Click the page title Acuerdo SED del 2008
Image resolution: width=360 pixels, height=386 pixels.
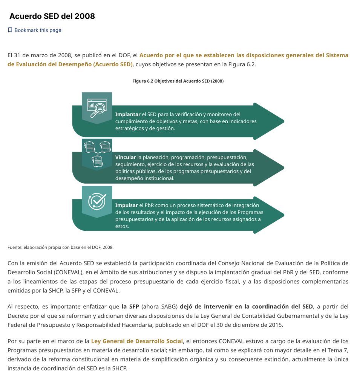[x=52, y=16]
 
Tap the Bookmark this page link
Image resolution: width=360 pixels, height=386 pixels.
[x=38, y=30]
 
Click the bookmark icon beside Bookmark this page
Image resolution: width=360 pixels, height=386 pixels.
[x=10, y=30]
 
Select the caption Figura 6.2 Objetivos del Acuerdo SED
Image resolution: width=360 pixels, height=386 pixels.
[x=178, y=81]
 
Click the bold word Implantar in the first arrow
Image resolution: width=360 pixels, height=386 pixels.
[x=128, y=114]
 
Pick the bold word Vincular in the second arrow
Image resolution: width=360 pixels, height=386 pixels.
[x=126, y=157]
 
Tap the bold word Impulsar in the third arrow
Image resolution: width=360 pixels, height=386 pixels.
[x=127, y=205]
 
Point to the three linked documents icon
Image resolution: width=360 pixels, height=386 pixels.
[x=97, y=153]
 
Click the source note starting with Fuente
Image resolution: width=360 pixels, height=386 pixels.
[x=60, y=247]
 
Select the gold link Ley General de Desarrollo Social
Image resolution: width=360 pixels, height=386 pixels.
[x=137, y=341]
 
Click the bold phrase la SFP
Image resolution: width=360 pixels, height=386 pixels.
[x=130, y=306]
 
